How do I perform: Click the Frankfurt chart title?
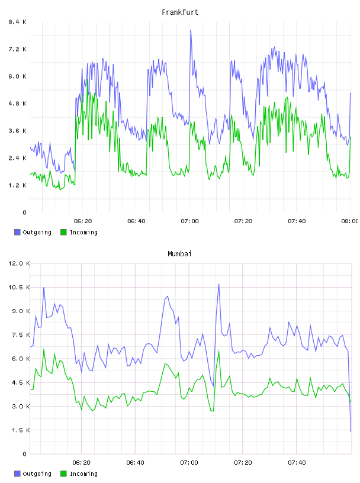180,12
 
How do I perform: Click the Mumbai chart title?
179,254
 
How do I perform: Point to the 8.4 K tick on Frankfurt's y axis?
17,22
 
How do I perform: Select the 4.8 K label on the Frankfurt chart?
17,104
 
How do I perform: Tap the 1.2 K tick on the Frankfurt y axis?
17,185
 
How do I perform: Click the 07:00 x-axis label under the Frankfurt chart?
189,221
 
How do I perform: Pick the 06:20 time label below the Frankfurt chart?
83,221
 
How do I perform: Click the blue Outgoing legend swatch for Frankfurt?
17,232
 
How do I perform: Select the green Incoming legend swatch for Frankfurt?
63,232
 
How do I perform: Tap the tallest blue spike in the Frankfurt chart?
191,30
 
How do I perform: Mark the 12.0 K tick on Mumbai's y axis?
19,263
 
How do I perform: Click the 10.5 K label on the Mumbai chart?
19,287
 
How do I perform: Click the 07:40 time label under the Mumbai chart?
297,463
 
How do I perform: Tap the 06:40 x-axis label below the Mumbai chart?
136,463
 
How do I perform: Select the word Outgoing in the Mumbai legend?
37,474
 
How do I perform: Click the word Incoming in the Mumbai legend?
83,474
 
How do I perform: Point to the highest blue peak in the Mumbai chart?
219,284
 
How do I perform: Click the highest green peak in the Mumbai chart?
44,349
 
